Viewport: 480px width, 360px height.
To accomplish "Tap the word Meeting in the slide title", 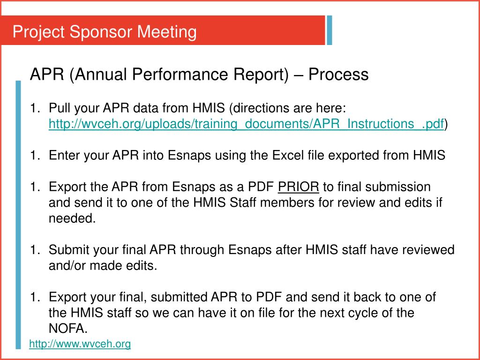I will click(167, 32).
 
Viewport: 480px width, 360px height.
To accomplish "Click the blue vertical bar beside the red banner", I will click(330, 30).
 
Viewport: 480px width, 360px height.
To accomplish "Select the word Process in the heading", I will click(338, 74).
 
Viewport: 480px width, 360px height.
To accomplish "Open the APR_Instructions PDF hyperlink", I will click(246, 124).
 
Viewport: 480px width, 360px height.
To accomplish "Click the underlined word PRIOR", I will click(299, 187).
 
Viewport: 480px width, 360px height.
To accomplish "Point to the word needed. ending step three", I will click(72, 218).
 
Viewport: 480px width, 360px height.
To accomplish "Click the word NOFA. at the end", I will click(68, 328).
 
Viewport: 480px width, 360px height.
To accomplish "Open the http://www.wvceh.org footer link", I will click(80, 344).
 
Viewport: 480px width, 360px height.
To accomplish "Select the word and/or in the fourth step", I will click(67, 266).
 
